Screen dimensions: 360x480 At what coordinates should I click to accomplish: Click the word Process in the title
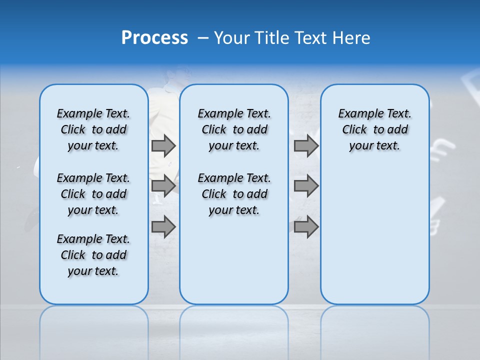[x=154, y=38]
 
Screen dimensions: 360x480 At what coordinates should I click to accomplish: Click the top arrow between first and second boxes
[x=163, y=146]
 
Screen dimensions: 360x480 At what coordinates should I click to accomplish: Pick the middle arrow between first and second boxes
[x=163, y=186]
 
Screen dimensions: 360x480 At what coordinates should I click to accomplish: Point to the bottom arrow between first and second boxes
[x=163, y=226]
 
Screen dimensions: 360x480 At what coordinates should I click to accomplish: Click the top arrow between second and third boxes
[x=306, y=146]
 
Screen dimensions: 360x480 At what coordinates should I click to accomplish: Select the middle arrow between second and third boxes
[x=306, y=186]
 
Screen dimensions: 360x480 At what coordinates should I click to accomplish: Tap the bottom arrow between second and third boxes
[x=306, y=226]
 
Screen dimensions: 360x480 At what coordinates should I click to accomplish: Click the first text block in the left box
[x=93, y=129]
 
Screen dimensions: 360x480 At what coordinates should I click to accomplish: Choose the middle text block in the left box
[x=93, y=194]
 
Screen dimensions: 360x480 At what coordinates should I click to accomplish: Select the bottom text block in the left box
[x=93, y=255]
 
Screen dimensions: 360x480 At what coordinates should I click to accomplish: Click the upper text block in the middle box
[x=234, y=129]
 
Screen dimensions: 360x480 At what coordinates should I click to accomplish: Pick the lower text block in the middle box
[x=234, y=194]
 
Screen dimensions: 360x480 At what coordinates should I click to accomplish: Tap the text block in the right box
[x=374, y=129]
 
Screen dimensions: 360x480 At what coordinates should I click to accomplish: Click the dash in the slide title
[x=203, y=38]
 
